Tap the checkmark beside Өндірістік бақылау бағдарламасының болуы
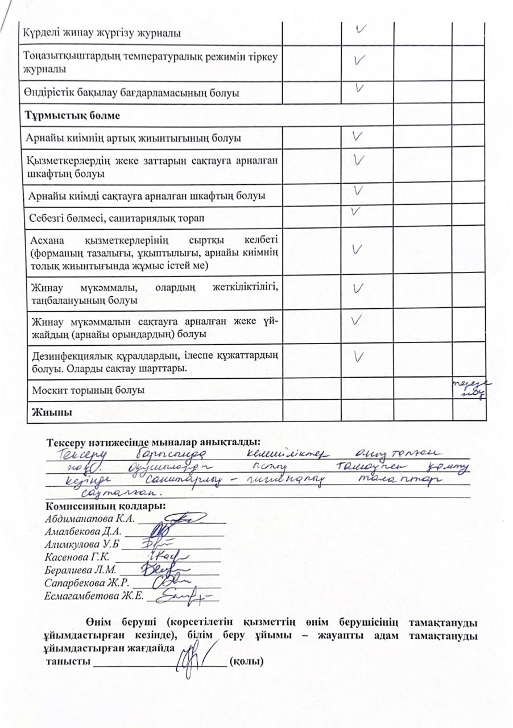(x=359, y=88)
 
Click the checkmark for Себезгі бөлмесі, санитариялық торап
(x=356, y=211)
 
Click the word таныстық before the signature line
(x=69, y=662)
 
